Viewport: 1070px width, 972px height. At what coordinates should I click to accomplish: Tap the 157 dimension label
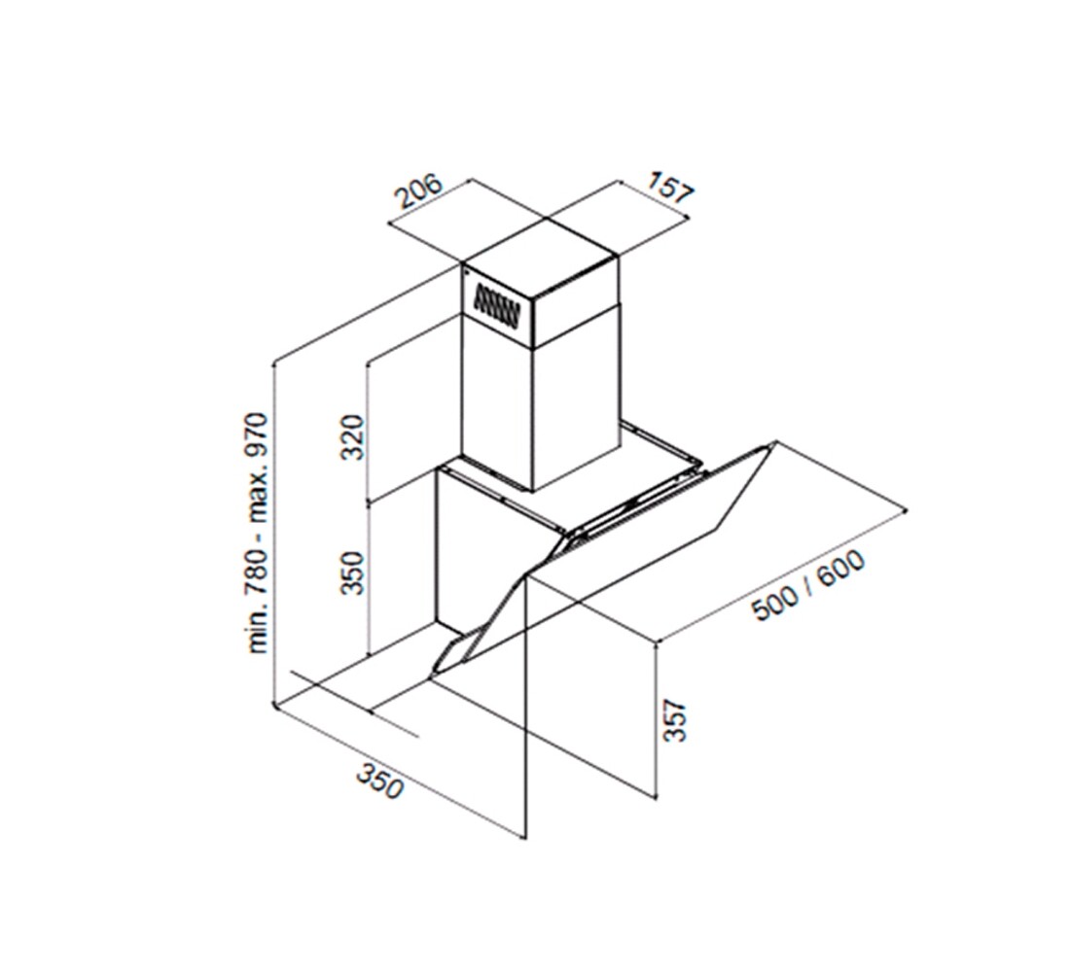[670, 188]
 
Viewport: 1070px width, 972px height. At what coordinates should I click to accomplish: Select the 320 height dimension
[353, 435]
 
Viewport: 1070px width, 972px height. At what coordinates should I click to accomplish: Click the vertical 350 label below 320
[353, 573]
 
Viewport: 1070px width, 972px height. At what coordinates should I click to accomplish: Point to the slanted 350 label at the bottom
[379, 781]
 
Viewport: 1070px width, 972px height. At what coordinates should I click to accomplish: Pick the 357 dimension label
[674, 719]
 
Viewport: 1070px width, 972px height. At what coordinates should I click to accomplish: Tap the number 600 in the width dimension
[841, 567]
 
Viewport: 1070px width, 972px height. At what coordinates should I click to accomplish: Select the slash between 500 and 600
[808, 584]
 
